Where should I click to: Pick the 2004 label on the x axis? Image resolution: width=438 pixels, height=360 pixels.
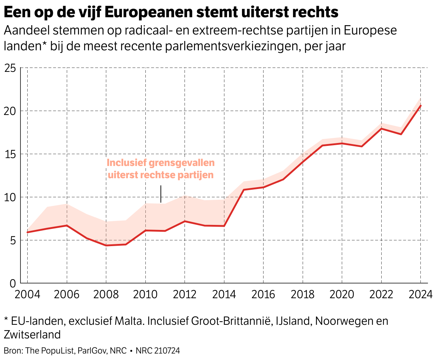point(28,295)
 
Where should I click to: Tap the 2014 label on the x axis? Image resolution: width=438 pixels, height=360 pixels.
point(224,295)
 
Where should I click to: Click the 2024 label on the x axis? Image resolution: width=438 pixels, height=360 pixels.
point(420,295)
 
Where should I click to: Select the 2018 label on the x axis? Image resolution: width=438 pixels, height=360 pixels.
point(303,295)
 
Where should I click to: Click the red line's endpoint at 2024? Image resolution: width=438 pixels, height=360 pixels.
point(420,105)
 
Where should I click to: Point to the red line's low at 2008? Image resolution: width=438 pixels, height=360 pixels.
point(106,245)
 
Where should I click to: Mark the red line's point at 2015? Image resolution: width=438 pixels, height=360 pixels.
point(244,190)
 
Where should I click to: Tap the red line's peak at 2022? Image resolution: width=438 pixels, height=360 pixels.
point(381,129)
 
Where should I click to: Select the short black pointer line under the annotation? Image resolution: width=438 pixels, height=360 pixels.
point(161,194)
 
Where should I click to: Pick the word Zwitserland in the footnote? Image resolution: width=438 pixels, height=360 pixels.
point(32,334)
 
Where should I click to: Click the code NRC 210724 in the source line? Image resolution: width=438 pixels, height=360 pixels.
point(158,351)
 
